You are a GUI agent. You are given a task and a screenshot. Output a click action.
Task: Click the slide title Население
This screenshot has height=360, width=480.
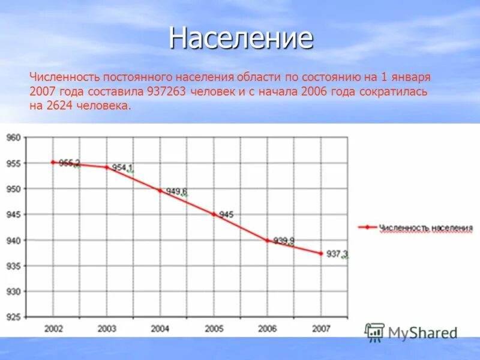pos(241,38)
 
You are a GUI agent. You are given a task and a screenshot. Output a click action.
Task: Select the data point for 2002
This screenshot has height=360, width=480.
pos(53,162)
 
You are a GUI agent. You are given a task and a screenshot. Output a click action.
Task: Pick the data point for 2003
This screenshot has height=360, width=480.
pos(106,167)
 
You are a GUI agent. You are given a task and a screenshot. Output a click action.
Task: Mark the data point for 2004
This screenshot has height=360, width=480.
pos(160,190)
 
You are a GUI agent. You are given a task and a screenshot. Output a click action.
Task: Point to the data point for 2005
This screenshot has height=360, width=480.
pos(213,214)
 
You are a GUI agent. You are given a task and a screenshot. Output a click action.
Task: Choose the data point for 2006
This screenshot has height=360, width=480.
pos(267,240)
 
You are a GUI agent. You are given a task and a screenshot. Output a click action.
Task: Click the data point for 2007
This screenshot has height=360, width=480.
pos(321,253)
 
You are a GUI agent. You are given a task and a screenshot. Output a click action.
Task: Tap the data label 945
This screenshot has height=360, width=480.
pos(226,214)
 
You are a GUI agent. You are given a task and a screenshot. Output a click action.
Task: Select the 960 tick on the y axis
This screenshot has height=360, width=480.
pos(13,137)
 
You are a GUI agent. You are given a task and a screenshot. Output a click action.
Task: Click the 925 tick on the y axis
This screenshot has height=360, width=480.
pos(13,317)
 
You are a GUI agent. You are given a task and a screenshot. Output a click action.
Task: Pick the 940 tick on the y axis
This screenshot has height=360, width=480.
pos(13,240)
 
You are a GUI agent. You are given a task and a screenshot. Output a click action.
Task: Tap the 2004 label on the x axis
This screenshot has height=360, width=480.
pos(160,328)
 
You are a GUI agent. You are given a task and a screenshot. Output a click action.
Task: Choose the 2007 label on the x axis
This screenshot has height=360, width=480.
pos(321,328)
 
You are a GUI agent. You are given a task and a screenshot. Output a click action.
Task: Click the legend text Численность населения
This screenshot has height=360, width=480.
pos(426,228)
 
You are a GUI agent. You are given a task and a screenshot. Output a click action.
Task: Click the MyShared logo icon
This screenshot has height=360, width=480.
pos(375,332)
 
